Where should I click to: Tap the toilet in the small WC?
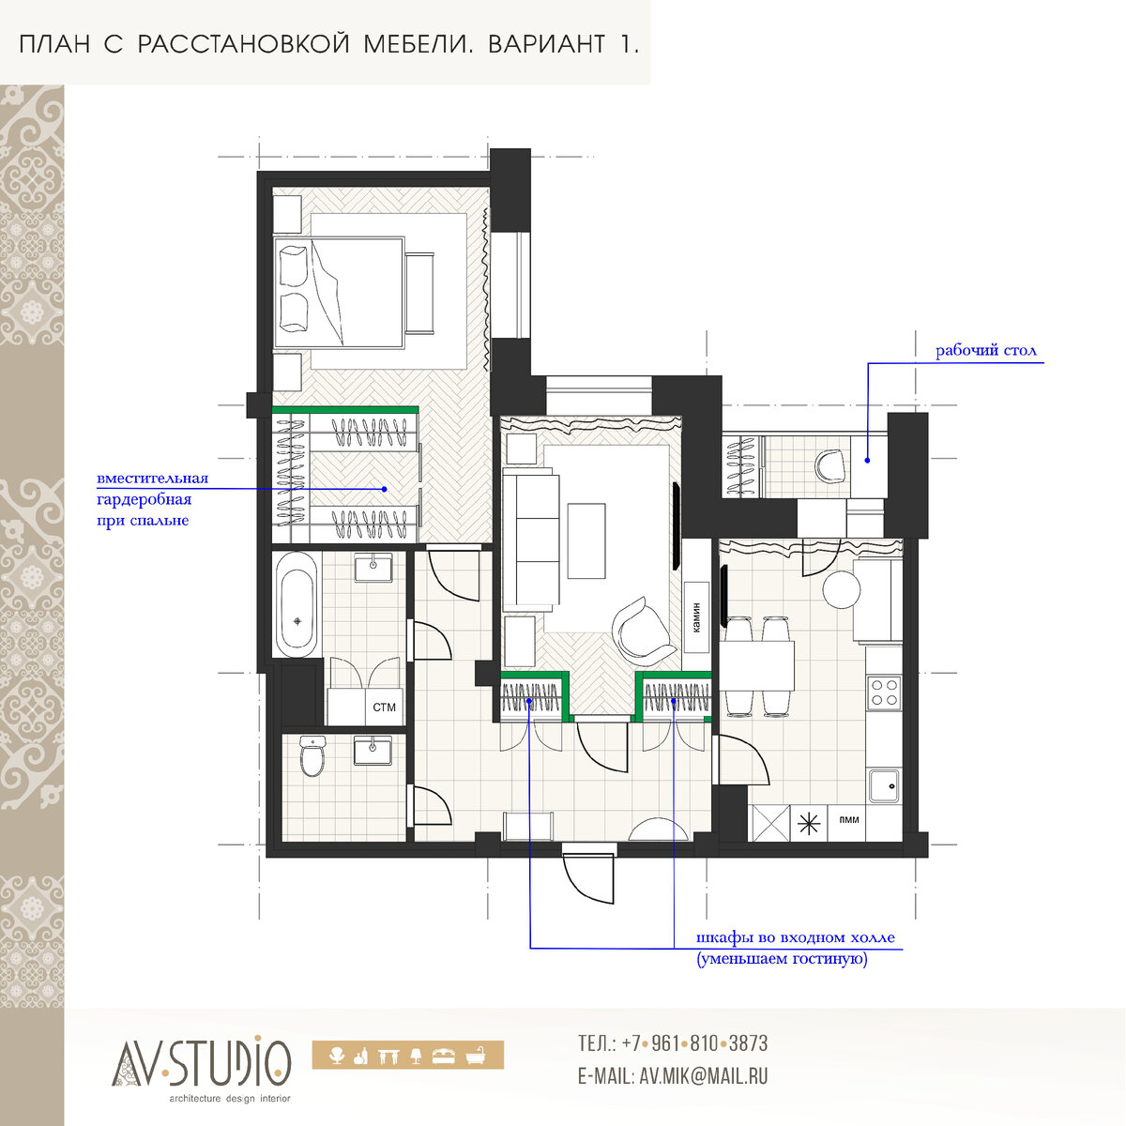click(x=312, y=755)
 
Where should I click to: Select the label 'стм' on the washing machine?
click(x=384, y=708)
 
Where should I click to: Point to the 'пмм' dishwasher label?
click(x=848, y=820)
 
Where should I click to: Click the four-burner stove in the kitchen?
click(x=884, y=692)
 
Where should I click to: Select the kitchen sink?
click(x=884, y=786)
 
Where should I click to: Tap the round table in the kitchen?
click(x=842, y=590)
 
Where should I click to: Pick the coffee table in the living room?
click(x=586, y=541)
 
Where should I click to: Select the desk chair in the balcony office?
click(x=830, y=466)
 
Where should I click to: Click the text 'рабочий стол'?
click(x=986, y=351)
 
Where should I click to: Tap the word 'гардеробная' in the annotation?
click(x=144, y=500)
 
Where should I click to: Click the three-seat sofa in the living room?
click(x=530, y=538)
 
